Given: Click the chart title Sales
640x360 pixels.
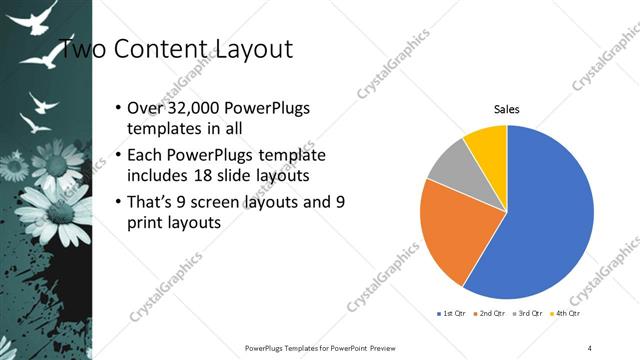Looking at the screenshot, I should pyautogui.click(x=507, y=109).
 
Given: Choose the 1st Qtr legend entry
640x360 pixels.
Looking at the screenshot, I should pyautogui.click(x=449, y=313).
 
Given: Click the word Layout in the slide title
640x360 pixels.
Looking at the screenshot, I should pyautogui.click(x=251, y=48).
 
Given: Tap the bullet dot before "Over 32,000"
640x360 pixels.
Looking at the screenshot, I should pyautogui.click(x=118, y=109).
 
